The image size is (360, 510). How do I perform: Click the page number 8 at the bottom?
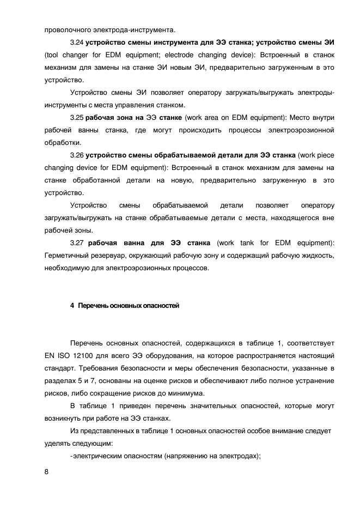coord(46,472)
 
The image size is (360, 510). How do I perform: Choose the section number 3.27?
coord(77,242)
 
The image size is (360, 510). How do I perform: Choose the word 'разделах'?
coord(59,380)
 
